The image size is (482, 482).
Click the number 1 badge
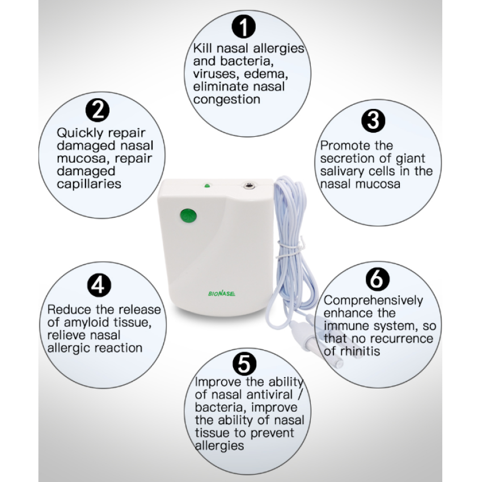244,26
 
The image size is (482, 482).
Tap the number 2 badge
98,109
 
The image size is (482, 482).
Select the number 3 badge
373,120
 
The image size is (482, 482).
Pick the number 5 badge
244,362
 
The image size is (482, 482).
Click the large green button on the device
188,215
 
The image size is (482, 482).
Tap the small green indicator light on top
208,185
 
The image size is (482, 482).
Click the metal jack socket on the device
248,185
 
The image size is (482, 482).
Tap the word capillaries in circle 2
89,184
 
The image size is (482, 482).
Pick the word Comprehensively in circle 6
373,301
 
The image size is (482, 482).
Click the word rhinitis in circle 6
360,352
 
